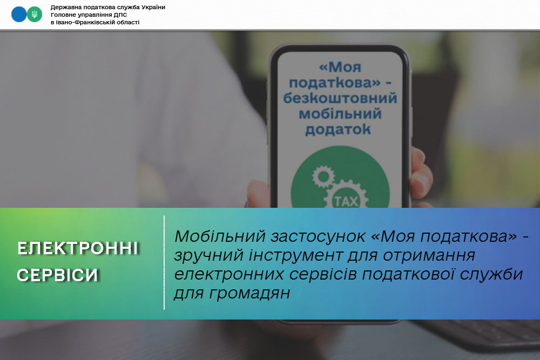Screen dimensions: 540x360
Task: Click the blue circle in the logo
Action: tap(19, 15)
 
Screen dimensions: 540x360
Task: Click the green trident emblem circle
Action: tap(35, 15)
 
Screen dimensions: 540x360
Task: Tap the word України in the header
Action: tap(152, 7)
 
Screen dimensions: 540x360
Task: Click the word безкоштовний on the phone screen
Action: tap(340, 98)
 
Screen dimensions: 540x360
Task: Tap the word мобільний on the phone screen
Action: tap(340, 114)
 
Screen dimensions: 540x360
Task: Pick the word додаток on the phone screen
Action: tap(338, 130)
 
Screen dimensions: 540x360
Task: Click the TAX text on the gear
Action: tap(347, 201)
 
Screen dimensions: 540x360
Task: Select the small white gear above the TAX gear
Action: tap(323, 176)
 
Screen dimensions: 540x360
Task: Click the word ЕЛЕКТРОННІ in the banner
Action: tap(78, 248)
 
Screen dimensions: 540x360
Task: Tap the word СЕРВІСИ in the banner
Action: tap(58, 275)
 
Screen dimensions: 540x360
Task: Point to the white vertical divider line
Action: tap(164, 263)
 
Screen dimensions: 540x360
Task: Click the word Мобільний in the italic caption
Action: tap(220, 236)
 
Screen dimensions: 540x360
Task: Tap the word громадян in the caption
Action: tap(249, 294)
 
